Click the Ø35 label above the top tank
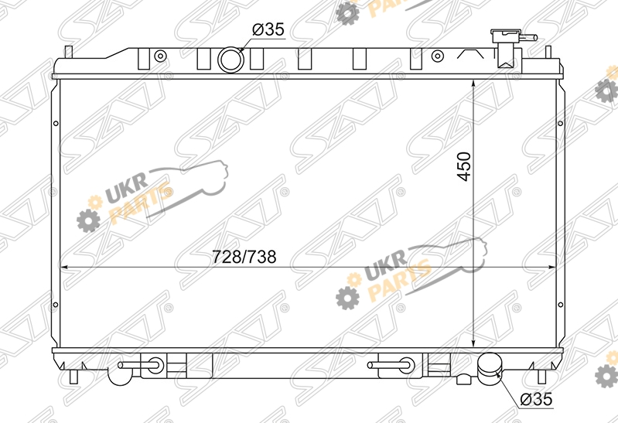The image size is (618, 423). [x=268, y=29]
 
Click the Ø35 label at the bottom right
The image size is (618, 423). [x=536, y=399]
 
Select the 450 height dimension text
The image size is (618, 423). [x=464, y=166]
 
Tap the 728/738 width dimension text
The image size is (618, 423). [x=244, y=257]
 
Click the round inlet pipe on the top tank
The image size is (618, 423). [x=231, y=60]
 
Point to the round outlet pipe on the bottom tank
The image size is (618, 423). [x=490, y=366]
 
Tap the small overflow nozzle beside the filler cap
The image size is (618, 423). [x=529, y=38]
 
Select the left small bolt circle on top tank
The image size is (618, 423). [x=160, y=56]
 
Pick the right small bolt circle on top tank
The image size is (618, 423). [x=437, y=56]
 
